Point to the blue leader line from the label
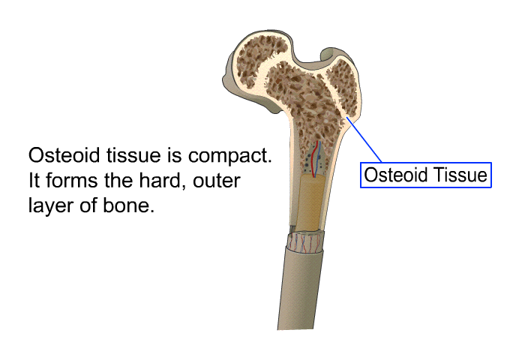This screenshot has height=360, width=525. [x=364, y=139]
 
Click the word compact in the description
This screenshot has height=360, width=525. [x=229, y=156]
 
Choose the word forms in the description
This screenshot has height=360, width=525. [x=72, y=180]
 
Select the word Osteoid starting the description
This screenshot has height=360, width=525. [x=64, y=155]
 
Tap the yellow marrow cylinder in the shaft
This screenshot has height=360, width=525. [x=310, y=202]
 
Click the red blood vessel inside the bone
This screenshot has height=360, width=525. [x=314, y=159]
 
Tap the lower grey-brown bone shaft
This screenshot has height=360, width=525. [x=300, y=288]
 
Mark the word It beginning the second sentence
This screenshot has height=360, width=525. [x=34, y=180]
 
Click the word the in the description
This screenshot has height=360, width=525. [x=118, y=180]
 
